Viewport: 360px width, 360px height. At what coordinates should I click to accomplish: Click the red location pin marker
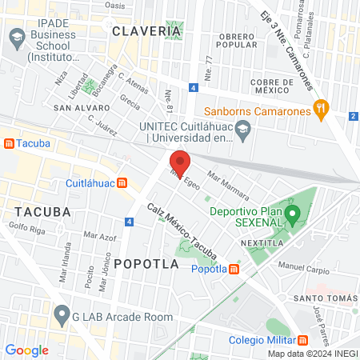pyautogui.click(x=179, y=163)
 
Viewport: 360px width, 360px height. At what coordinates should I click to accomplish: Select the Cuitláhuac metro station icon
pyautogui.click(x=122, y=182)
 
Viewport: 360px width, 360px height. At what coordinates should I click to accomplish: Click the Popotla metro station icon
pyautogui.click(x=234, y=269)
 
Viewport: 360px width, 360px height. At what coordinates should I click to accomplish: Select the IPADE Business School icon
pyautogui.click(x=17, y=38)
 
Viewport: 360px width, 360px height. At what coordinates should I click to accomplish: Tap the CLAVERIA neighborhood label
pyautogui.click(x=147, y=31)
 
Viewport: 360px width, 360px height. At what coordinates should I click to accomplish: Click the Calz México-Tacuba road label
pyautogui.click(x=182, y=232)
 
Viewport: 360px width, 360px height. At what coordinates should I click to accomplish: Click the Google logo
pyautogui.click(x=26, y=350)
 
